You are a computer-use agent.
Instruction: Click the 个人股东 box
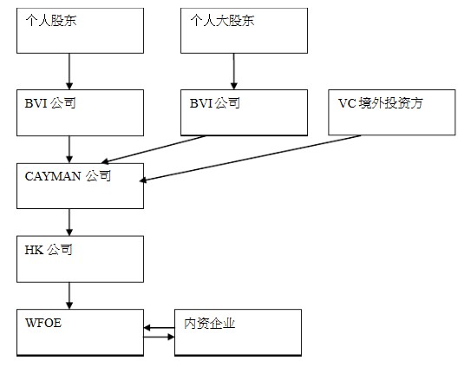pos(80,30)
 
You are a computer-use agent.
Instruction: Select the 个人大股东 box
pos(244,30)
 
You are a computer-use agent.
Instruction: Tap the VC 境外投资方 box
pos(392,112)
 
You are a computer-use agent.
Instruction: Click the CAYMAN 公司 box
pos(80,186)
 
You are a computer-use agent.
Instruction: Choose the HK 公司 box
pos(80,259)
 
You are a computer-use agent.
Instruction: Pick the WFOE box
pos(80,332)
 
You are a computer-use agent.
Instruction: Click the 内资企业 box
pos(238,332)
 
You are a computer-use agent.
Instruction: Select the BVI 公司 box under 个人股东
pos(80,113)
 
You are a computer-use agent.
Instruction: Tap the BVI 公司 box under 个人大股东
pos(244,113)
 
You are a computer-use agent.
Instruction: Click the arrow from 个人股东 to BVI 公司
pos(69,71)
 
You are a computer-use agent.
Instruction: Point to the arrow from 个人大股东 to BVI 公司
pos(234,71)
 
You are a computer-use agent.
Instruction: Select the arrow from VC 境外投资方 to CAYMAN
pos(250,158)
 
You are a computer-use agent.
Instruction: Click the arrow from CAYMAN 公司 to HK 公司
pos(69,222)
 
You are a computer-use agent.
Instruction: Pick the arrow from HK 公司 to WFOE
pos(69,296)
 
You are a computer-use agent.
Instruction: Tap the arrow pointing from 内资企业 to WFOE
pos(159,328)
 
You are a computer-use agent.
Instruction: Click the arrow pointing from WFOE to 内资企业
pos(159,337)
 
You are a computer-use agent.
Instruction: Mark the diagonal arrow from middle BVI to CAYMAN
pos(154,149)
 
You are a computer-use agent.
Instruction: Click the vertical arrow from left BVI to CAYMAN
pos(69,149)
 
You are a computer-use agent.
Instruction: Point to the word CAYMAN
pos(53,176)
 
